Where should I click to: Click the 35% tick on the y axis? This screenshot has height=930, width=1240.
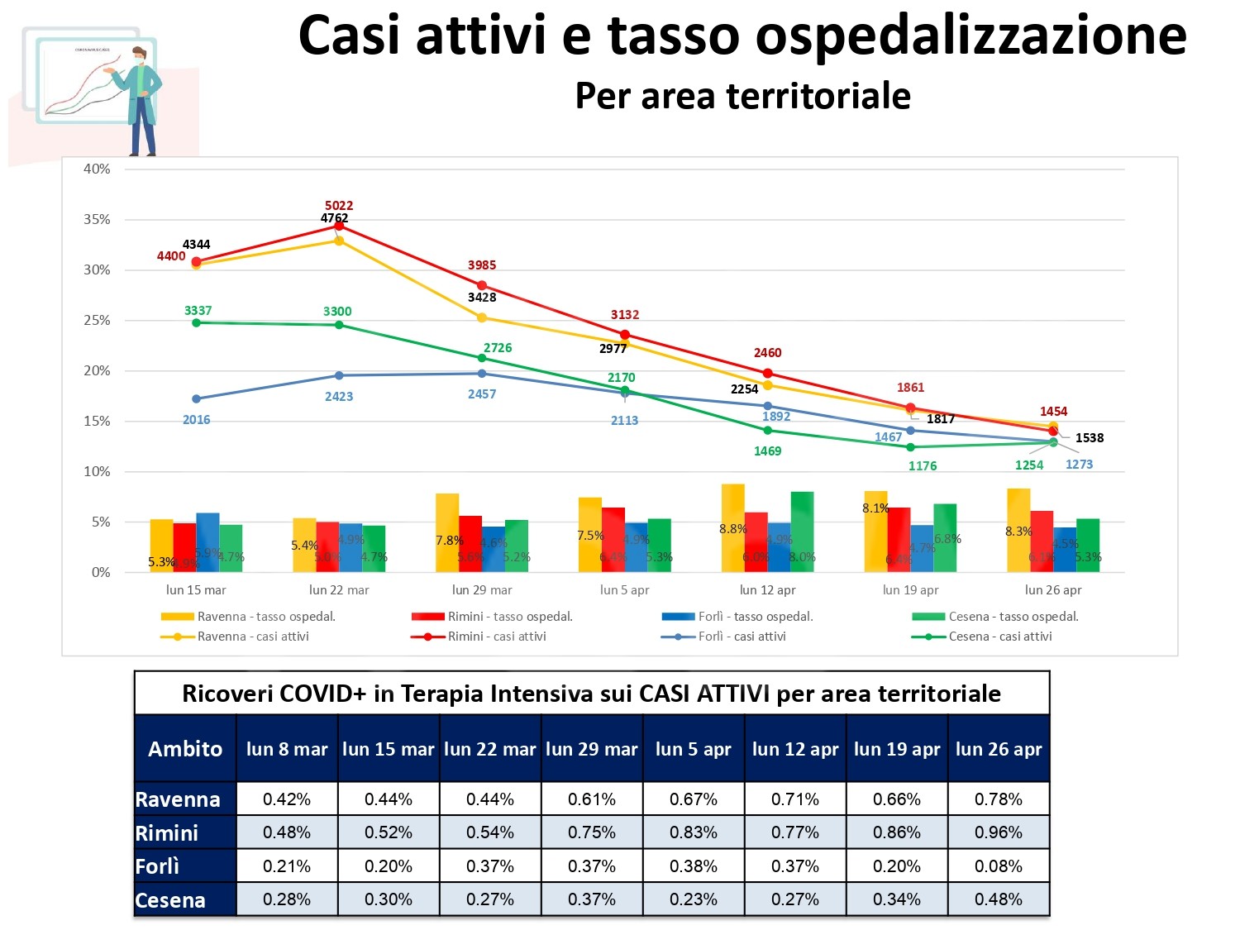click(97, 220)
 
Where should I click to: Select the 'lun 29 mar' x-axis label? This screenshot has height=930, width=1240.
click(482, 590)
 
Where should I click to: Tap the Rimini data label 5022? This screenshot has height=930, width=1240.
click(339, 206)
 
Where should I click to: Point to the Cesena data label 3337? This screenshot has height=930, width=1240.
click(198, 311)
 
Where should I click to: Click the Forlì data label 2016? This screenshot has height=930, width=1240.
click(197, 420)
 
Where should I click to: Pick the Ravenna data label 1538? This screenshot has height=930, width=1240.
click(1090, 438)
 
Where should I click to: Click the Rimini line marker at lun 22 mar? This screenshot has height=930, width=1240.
click(339, 226)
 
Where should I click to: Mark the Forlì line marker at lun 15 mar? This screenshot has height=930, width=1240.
click(196, 399)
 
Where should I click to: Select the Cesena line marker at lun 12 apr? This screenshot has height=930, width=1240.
click(768, 430)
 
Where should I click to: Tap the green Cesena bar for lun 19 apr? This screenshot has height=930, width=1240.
click(945, 537)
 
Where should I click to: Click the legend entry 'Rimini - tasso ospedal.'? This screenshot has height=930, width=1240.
click(509, 617)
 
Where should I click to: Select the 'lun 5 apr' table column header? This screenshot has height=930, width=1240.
click(694, 749)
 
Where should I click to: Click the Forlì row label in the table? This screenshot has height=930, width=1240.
click(158, 866)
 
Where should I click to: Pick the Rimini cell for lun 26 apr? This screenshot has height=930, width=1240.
click(999, 832)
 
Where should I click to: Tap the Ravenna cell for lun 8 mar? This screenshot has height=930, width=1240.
click(287, 799)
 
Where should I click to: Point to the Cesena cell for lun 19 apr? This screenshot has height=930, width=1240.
click(897, 899)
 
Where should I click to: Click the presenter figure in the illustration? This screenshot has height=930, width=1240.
click(142, 99)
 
